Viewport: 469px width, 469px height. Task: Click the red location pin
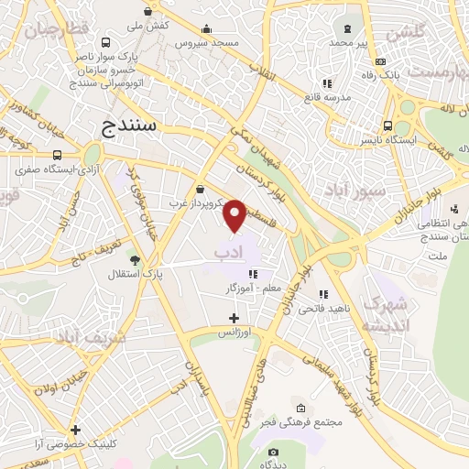click(x=235, y=214)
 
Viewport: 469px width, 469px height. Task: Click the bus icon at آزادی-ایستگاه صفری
click(x=59, y=155)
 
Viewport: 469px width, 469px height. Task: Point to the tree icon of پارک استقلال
click(x=135, y=260)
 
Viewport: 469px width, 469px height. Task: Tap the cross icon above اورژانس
click(x=234, y=318)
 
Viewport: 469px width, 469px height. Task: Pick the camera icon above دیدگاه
click(x=272, y=453)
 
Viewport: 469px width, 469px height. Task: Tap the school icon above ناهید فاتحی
click(x=323, y=294)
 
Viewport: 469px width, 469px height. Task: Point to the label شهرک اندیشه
click(x=383, y=314)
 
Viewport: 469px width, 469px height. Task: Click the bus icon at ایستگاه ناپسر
click(x=389, y=126)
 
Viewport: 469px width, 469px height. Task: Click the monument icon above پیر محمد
click(x=347, y=28)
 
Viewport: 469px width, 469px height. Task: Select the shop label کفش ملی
click(x=148, y=27)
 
